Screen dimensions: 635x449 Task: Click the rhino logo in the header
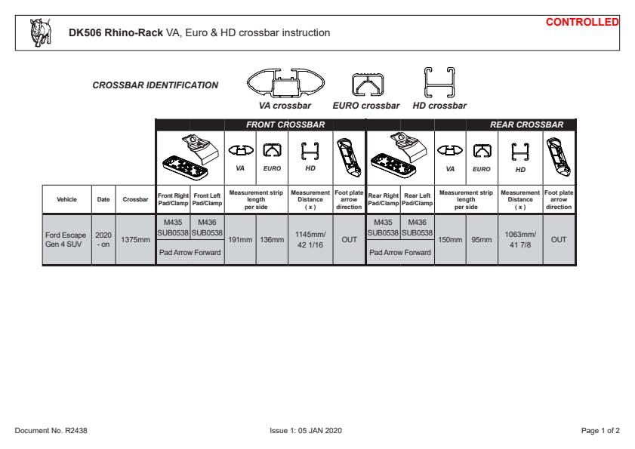click(41, 32)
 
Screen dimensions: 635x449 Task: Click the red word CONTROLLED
click(582, 23)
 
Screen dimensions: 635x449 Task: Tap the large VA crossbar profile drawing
click(285, 83)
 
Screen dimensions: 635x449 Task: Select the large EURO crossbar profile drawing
click(367, 85)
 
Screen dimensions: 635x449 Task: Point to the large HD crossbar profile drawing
click(439, 82)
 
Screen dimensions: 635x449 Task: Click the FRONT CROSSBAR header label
click(285, 125)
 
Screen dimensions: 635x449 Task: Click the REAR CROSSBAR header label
click(526, 125)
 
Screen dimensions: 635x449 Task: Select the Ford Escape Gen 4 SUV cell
click(66, 240)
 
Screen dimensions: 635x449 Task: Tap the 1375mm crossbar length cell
click(135, 240)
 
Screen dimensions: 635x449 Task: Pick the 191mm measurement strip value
click(240, 240)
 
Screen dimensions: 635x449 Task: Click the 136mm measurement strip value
click(272, 240)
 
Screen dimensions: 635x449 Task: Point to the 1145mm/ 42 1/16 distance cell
click(310, 240)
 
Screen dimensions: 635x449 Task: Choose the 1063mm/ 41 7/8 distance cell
click(520, 240)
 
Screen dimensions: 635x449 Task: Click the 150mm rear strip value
click(450, 240)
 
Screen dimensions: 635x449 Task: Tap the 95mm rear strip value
click(482, 240)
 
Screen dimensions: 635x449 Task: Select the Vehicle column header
click(66, 199)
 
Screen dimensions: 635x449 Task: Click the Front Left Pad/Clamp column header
click(207, 199)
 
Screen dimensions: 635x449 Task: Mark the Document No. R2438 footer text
click(51, 430)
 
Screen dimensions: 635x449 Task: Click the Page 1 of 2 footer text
click(600, 430)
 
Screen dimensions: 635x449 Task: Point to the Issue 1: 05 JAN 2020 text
click(306, 430)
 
